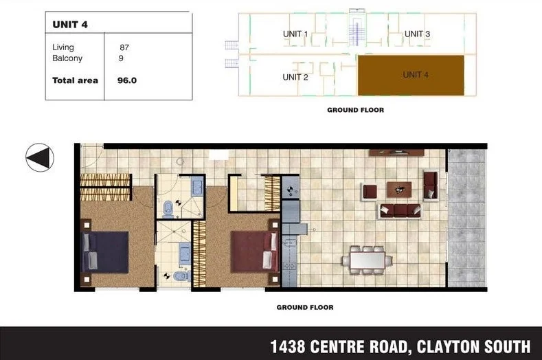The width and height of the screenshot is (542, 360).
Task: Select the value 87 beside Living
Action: tap(124, 48)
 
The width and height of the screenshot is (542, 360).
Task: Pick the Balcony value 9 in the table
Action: tap(121, 59)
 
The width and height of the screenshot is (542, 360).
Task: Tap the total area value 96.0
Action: tap(127, 80)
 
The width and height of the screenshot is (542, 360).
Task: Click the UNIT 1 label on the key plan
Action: tap(295, 34)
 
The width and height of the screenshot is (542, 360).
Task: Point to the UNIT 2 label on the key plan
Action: tap(295, 77)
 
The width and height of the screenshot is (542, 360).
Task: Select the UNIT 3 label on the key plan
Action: tap(417, 34)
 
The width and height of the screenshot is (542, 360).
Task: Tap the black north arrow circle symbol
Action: tap(40, 157)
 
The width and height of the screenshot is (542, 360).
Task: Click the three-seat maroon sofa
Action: tap(400, 210)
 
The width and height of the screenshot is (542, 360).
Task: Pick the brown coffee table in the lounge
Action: tap(399, 188)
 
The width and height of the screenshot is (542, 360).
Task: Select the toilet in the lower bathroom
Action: tap(179, 276)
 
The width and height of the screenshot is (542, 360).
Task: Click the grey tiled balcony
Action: tap(466, 218)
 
